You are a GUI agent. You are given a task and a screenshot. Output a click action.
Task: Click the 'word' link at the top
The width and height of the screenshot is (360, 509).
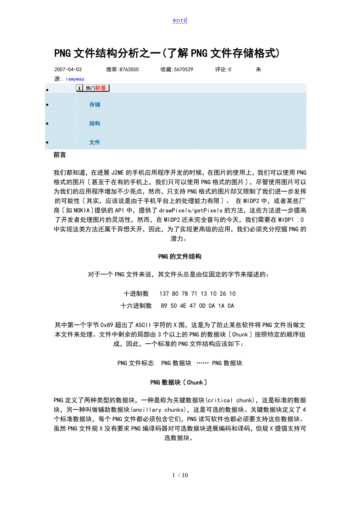pos(180,20)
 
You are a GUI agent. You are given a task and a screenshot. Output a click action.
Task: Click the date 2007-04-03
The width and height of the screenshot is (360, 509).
pos(68,70)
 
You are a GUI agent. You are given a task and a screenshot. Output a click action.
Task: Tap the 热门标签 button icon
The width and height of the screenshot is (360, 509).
pos(93,88)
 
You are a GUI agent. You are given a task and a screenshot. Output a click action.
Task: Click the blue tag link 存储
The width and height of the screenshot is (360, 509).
pos(95,105)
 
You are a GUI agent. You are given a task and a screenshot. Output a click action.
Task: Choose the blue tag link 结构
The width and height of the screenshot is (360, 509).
pos(95,124)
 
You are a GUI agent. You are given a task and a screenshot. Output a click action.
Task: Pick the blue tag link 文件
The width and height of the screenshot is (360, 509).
pos(95,142)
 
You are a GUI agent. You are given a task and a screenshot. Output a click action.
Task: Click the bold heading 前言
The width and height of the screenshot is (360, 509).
pos(59,155)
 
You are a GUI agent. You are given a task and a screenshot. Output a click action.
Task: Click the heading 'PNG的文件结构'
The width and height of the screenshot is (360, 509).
pos(180,257)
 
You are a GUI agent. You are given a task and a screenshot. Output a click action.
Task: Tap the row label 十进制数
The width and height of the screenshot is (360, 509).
pos(136,294)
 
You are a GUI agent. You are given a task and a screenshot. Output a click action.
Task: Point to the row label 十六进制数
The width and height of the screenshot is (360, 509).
pos(136,306)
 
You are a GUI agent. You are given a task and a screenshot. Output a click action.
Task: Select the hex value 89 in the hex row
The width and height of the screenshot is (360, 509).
pos(164,306)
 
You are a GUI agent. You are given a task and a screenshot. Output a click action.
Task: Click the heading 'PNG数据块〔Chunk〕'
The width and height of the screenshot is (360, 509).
pos(180,382)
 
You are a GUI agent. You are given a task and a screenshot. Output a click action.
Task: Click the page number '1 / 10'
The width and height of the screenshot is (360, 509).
pos(180,475)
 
